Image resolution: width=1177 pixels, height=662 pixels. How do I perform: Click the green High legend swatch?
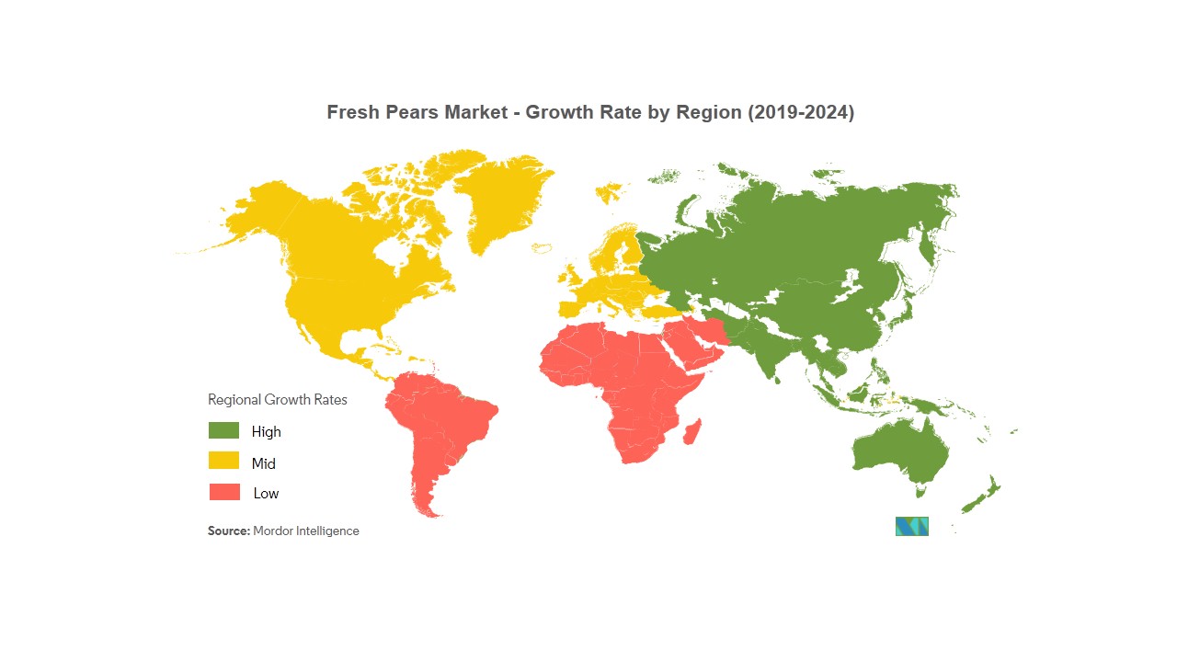223,430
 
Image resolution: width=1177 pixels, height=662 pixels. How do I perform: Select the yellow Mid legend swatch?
223,461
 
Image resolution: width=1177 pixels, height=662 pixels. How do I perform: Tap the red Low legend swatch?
223,492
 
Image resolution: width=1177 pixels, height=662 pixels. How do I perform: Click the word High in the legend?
266,431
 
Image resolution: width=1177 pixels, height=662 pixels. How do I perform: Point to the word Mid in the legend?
263,463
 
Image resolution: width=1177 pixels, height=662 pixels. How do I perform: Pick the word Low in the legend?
266,493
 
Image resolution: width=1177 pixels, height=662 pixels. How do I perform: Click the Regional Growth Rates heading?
277,399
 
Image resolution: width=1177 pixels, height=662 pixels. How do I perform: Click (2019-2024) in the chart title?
800,112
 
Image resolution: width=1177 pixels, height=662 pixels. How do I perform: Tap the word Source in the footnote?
228,531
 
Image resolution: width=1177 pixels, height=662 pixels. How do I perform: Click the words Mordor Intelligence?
305,531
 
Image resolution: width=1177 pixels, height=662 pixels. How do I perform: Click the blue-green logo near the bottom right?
911,526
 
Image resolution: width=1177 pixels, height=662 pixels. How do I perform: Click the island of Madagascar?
692,430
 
